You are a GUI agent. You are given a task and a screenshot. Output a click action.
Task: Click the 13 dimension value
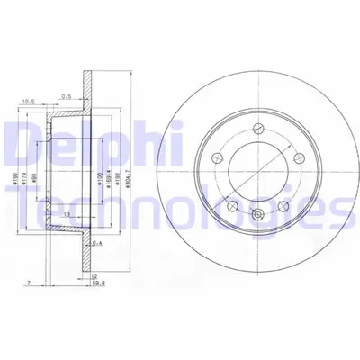click(x=67, y=213)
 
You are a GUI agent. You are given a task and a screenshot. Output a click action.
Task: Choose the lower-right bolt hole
click(x=285, y=206)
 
